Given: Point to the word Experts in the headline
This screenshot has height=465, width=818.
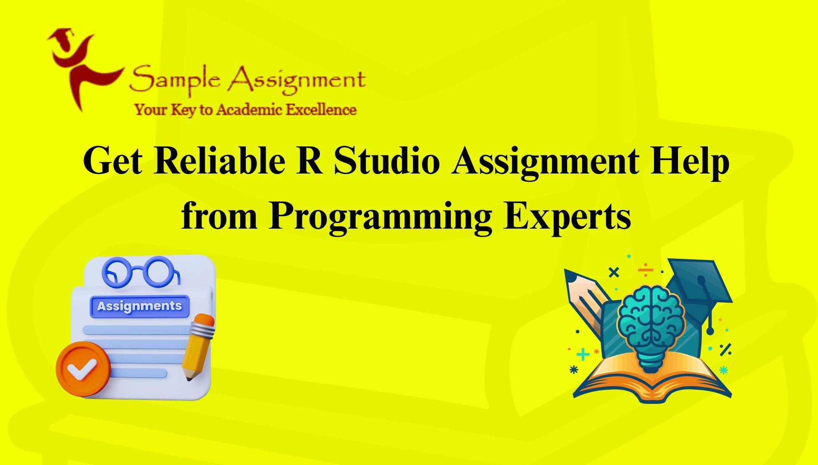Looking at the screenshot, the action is point(567,217).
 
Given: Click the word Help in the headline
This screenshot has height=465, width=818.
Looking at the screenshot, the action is point(690,162).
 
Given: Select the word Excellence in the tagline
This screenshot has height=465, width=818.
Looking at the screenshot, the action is point(321,110).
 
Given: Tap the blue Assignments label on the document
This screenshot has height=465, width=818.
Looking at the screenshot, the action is point(139,306).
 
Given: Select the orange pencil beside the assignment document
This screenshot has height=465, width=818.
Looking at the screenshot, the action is point(198,347).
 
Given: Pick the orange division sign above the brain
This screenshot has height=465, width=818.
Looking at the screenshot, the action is point(645,270).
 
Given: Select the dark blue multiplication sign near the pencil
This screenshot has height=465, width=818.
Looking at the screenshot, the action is point(613,272).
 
